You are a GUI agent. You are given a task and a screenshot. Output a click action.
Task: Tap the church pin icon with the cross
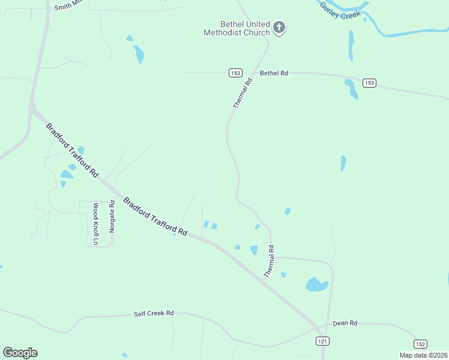tap(279, 27)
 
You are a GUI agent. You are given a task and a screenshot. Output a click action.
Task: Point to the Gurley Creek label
tap(340, 10)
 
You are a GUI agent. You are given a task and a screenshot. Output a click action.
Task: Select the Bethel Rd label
tap(274, 73)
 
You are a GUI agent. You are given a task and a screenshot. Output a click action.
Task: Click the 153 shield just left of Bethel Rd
tap(235, 73)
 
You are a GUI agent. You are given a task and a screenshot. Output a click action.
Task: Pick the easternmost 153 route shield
tap(369, 83)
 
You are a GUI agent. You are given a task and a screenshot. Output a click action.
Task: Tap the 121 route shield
tap(323, 341)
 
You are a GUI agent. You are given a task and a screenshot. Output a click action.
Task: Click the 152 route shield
tap(420, 344)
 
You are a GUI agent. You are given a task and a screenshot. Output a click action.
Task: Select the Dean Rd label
tap(345, 323)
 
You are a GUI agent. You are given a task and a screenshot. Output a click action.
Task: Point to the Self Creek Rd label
tap(153, 314)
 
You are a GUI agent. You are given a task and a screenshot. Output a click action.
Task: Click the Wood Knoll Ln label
tap(95, 224)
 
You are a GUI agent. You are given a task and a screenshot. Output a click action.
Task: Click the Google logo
tap(20, 353)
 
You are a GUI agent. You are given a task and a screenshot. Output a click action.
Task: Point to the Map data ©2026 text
tap(423, 355)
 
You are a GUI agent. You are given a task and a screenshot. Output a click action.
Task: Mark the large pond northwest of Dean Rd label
tap(316, 284)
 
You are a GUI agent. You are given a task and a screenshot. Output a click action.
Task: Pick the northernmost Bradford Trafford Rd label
tap(71, 149)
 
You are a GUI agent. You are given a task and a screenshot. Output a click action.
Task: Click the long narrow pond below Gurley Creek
tap(351, 46)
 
